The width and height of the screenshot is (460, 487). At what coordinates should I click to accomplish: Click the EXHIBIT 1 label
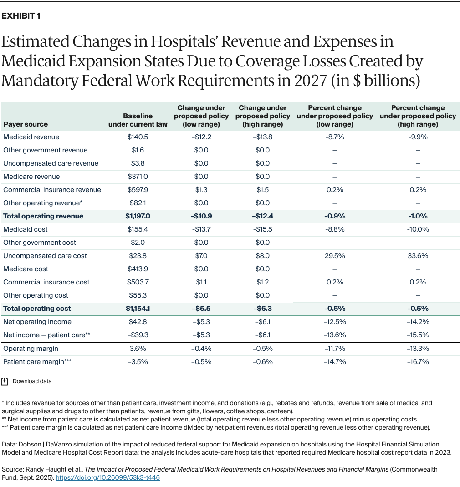(21, 16)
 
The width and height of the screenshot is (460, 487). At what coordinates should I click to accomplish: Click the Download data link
(31, 381)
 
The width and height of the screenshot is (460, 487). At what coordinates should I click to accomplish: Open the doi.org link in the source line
(107, 477)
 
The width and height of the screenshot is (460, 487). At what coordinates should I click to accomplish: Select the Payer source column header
(26, 124)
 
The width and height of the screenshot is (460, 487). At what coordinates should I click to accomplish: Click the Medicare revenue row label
(31, 177)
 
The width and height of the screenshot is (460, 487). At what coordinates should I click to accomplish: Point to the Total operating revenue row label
(43, 216)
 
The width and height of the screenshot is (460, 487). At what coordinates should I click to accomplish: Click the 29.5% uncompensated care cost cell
(335, 256)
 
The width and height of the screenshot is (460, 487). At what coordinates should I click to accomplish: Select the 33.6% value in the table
(418, 256)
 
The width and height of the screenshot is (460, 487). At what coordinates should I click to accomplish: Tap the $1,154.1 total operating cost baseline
(138, 309)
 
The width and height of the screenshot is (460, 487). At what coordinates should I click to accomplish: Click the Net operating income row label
(37, 322)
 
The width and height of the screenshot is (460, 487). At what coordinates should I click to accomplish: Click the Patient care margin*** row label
(37, 362)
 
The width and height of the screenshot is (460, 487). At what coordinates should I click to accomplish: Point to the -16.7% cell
(418, 362)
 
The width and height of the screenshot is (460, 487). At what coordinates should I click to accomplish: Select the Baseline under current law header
(138, 120)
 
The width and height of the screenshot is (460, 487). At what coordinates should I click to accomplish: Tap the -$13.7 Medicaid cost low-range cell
(201, 229)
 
